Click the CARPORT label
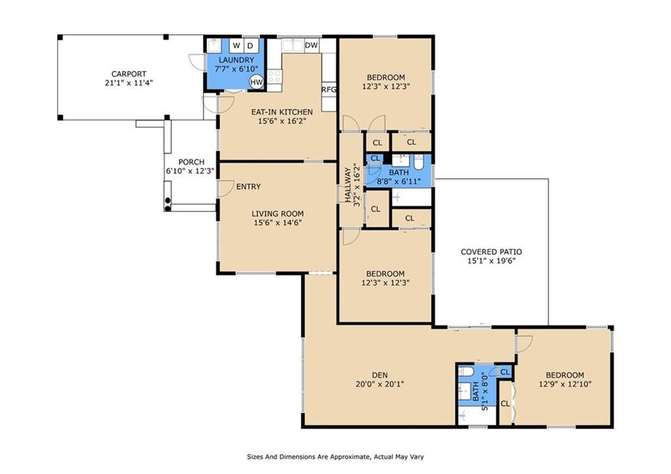click(x=129, y=74)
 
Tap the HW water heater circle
click(x=256, y=82)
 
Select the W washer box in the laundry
click(x=237, y=45)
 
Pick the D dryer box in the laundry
click(x=251, y=45)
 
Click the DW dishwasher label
click(x=311, y=45)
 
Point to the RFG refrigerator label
click(x=329, y=90)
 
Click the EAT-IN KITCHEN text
click(x=282, y=112)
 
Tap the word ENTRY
click(x=248, y=187)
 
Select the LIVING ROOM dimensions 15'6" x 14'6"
click(x=278, y=223)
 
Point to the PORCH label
click(x=191, y=163)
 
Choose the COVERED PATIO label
click(x=491, y=252)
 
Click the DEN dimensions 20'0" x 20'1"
click(x=380, y=384)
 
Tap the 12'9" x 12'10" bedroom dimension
click(x=566, y=384)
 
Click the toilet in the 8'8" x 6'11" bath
click(x=418, y=163)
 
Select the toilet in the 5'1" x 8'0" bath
click(x=465, y=371)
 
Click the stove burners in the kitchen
click(x=274, y=77)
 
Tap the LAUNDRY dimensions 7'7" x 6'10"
click(x=237, y=69)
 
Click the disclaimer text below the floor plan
click(x=335, y=457)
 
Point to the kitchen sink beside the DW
click(x=293, y=45)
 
